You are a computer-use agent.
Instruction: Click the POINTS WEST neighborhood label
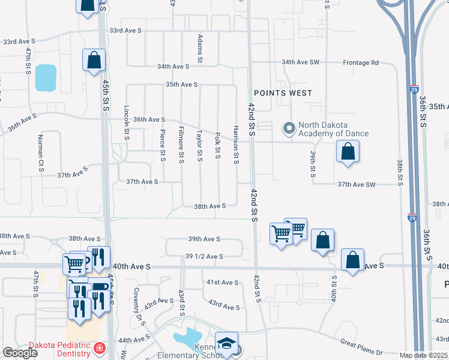point(283,93)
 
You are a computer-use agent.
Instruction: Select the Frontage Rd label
point(361,62)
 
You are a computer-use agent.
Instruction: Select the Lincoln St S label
point(127,123)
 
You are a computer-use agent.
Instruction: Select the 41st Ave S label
point(222,282)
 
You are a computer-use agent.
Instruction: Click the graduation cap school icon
point(226,343)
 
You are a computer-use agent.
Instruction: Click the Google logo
point(20,353)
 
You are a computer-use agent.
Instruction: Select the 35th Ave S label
point(182,85)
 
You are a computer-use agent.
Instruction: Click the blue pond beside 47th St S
point(46,77)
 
